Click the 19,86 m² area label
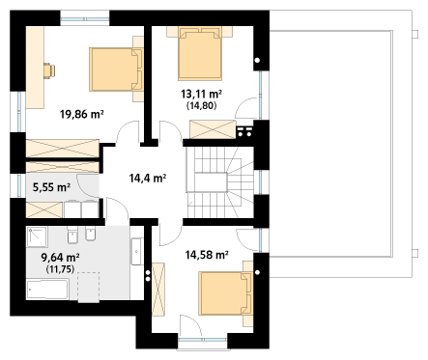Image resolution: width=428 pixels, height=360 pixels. click(82, 114)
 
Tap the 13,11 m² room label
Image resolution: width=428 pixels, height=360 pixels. click(201, 94)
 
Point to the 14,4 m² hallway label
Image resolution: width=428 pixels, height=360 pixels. click(148, 178)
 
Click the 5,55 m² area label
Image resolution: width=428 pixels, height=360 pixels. click(51, 187)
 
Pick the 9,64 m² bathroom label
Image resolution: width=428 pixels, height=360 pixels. click(61, 258)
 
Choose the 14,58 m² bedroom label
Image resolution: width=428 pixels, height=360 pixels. click(207, 255)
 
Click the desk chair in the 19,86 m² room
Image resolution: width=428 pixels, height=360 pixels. click(49, 70)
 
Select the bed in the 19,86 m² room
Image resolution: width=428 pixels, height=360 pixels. click(116, 69)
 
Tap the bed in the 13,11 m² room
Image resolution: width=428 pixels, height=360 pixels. click(200, 53)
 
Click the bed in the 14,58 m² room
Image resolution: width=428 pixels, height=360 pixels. click(225, 293)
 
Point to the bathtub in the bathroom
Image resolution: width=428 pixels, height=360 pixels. click(47, 290)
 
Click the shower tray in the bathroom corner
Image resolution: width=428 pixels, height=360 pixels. click(38, 237)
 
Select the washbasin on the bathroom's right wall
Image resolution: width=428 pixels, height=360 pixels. click(136, 252)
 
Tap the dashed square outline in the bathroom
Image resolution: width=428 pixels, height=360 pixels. click(89, 288)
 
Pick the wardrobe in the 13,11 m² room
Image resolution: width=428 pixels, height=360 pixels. click(213, 129)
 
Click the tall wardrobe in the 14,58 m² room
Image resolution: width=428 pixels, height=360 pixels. click(158, 289)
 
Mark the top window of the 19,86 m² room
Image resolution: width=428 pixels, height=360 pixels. click(85, 18)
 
